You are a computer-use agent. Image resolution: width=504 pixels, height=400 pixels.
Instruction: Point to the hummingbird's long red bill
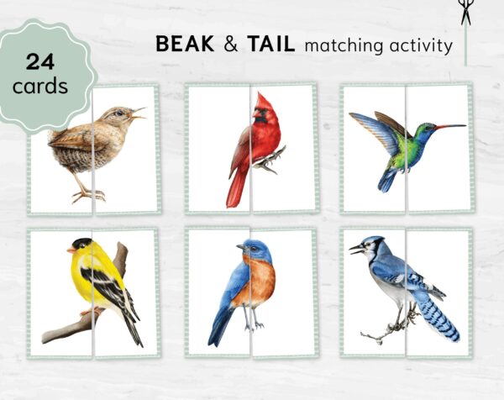coord(449,127)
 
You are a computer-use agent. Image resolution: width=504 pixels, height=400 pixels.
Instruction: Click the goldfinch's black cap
coord(81,243)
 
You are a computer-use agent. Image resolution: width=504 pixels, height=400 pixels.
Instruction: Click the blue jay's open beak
coord(356,249)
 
